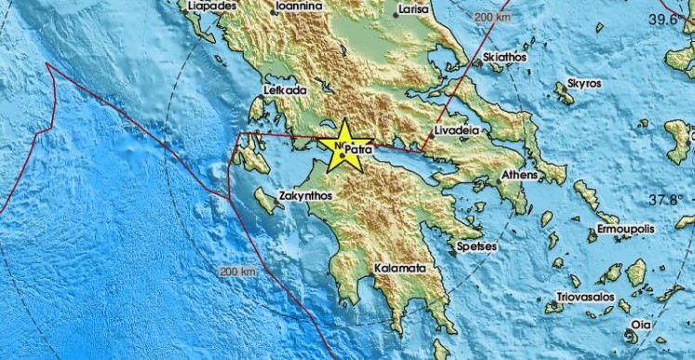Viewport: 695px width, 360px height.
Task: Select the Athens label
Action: pyautogui.click(x=519, y=175)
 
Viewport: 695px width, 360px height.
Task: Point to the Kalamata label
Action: pyautogui.click(x=399, y=268)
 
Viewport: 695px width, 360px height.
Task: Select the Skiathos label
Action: pyautogui.click(x=505, y=57)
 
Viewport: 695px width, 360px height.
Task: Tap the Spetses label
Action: pyautogui.click(x=474, y=247)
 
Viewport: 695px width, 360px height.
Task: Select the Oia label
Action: pyautogui.click(x=642, y=325)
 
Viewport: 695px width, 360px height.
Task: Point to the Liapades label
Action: pyautogui.click(x=211, y=6)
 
